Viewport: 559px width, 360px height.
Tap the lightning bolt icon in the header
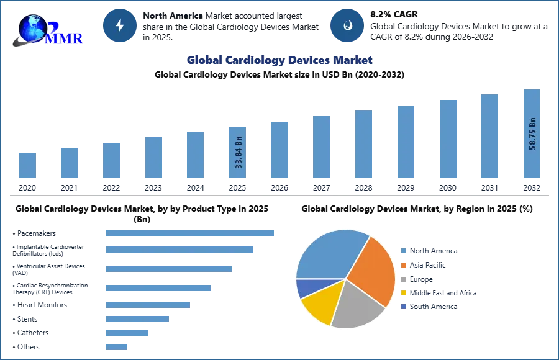[120, 25]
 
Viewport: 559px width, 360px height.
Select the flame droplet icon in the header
[347, 25]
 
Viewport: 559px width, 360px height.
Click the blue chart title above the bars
[279, 60]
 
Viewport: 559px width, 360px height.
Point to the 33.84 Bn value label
[239, 151]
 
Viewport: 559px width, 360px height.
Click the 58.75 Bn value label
[532, 133]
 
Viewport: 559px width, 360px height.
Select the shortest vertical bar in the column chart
[27, 164]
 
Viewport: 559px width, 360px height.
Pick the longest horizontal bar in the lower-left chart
[191, 233]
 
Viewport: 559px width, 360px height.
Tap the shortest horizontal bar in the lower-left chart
[117, 348]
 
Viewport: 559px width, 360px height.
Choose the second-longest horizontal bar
[179, 248]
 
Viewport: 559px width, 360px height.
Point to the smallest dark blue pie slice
[306, 287]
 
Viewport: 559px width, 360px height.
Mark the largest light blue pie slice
[326, 254]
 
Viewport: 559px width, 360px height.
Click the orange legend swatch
[402, 265]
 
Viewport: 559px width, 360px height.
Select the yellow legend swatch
[402, 293]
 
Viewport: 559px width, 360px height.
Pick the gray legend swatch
[402, 279]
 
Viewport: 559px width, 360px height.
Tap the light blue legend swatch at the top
[402, 251]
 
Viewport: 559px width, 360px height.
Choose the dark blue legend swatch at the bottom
[402, 307]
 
